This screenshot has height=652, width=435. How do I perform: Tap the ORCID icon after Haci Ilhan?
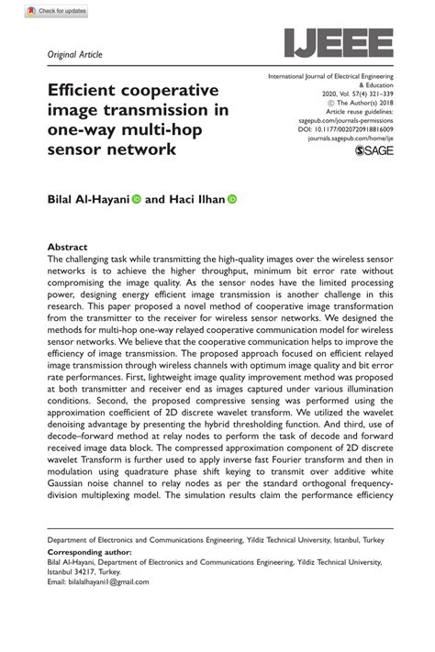coord(232,198)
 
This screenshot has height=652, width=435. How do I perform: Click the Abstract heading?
coord(67,248)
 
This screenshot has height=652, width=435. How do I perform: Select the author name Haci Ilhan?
coord(196,198)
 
